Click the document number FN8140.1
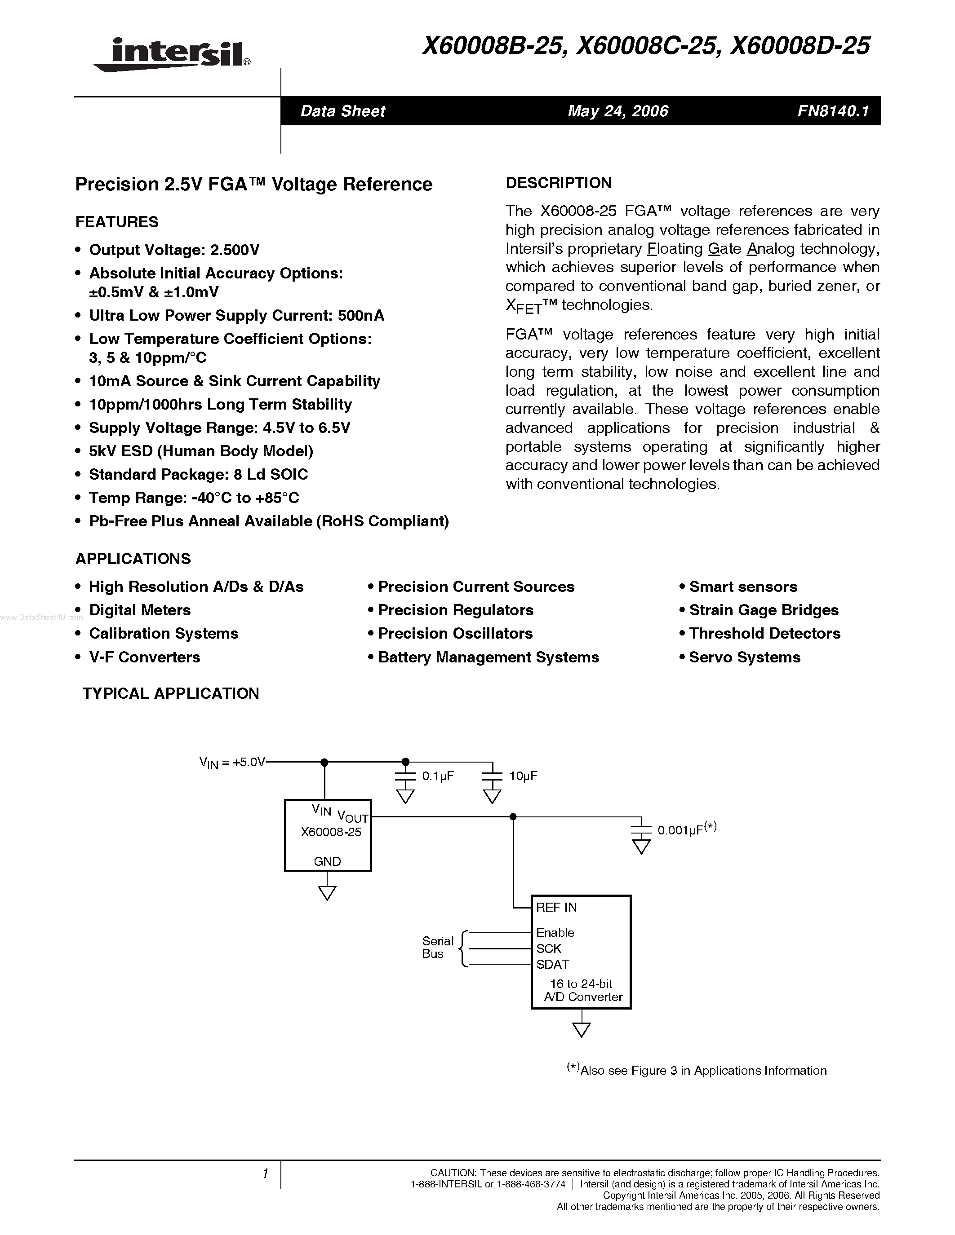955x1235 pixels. tap(832, 111)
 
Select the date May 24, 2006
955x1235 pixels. tap(618, 111)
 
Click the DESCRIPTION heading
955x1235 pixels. tap(559, 183)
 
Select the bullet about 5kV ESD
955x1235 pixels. tap(201, 451)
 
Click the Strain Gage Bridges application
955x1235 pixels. tap(764, 610)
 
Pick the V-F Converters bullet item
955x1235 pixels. tap(145, 657)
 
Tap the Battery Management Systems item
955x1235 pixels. tap(488, 657)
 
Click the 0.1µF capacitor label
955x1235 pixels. tap(438, 776)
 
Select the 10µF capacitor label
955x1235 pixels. tap(523, 776)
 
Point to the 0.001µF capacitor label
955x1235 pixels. tap(686, 830)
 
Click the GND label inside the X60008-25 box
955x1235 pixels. tap(328, 861)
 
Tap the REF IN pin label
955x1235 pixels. tap(556, 908)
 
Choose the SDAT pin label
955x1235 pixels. tap(553, 964)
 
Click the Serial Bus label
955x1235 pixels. tap(437, 947)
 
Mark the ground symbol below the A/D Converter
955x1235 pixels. tap(581, 1029)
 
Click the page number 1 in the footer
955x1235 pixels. tap(265, 1174)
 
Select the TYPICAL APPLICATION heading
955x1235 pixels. tap(171, 694)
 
